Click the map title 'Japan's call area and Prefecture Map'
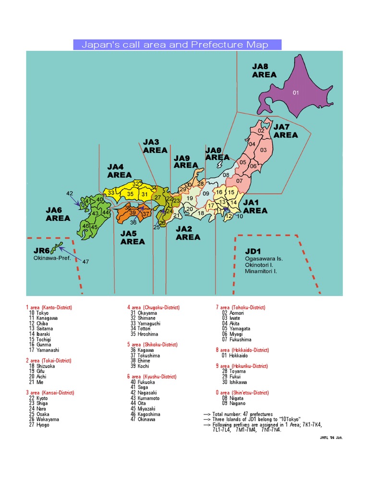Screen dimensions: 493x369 pos(177,45)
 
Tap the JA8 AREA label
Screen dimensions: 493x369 pos(264,71)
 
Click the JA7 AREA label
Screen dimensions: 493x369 pos(285,131)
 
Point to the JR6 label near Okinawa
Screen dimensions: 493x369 pos(42,251)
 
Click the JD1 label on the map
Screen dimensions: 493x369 pos(252,251)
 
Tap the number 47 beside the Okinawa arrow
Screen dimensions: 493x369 pos(86,262)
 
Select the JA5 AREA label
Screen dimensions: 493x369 pos(133,237)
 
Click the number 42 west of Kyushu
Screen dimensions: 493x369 pos(70,194)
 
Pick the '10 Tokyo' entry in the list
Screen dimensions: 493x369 pos(39,313)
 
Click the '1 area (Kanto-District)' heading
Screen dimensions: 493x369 pos(49,307)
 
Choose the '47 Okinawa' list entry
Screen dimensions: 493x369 pos(143,419)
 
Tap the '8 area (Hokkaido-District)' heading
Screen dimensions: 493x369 pos(242,350)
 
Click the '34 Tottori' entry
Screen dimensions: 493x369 pos(143,329)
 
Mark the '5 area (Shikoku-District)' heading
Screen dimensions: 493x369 pos(152,345)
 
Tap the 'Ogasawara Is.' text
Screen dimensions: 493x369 pos(264,259)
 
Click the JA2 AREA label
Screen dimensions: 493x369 pos(188,233)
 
